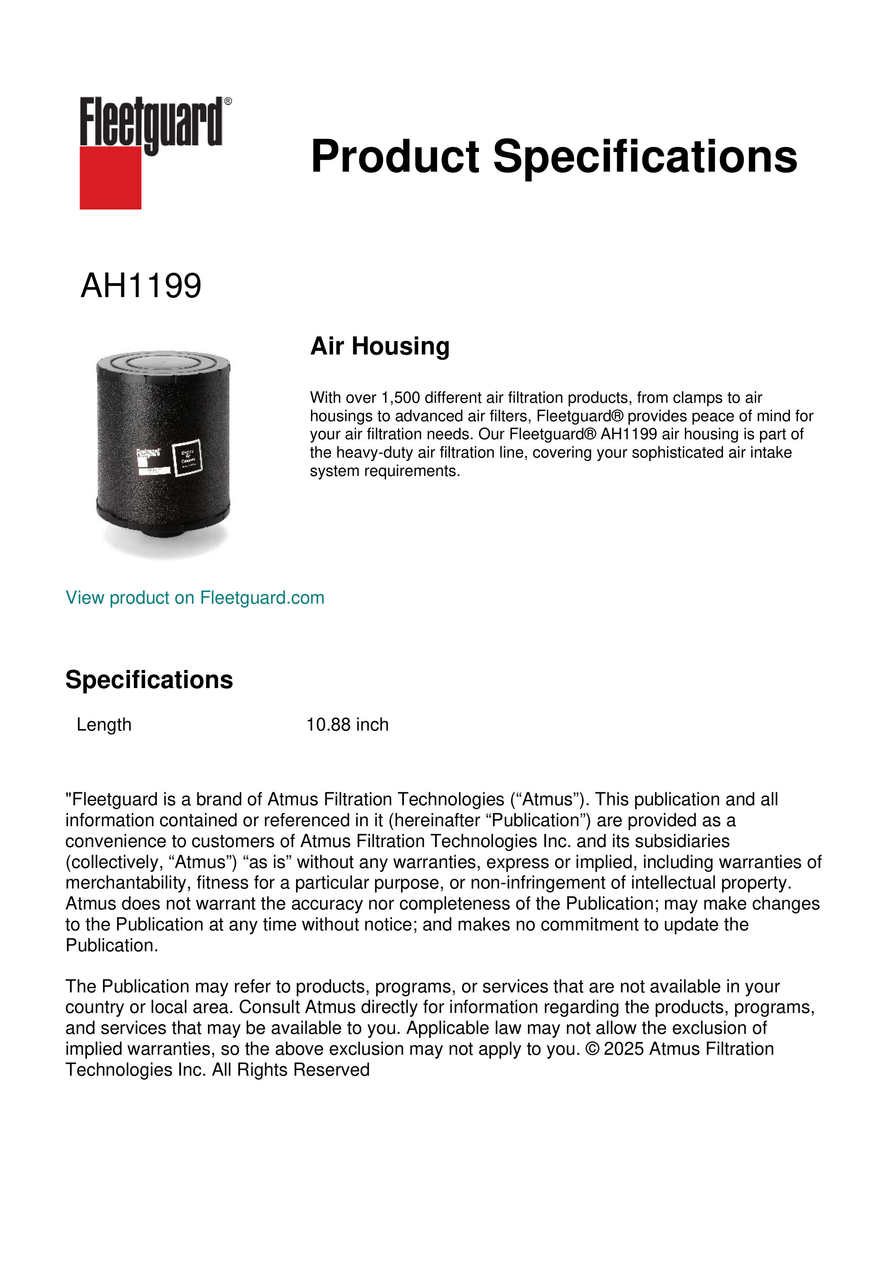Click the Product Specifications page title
click(x=553, y=157)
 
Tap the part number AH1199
click(x=141, y=286)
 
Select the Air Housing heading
click(x=380, y=347)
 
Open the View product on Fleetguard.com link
click(x=195, y=598)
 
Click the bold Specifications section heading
click(x=149, y=680)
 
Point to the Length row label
click(x=104, y=724)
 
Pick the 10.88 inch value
click(x=347, y=724)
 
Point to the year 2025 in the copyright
click(x=624, y=1049)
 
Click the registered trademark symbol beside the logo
click(x=228, y=101)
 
